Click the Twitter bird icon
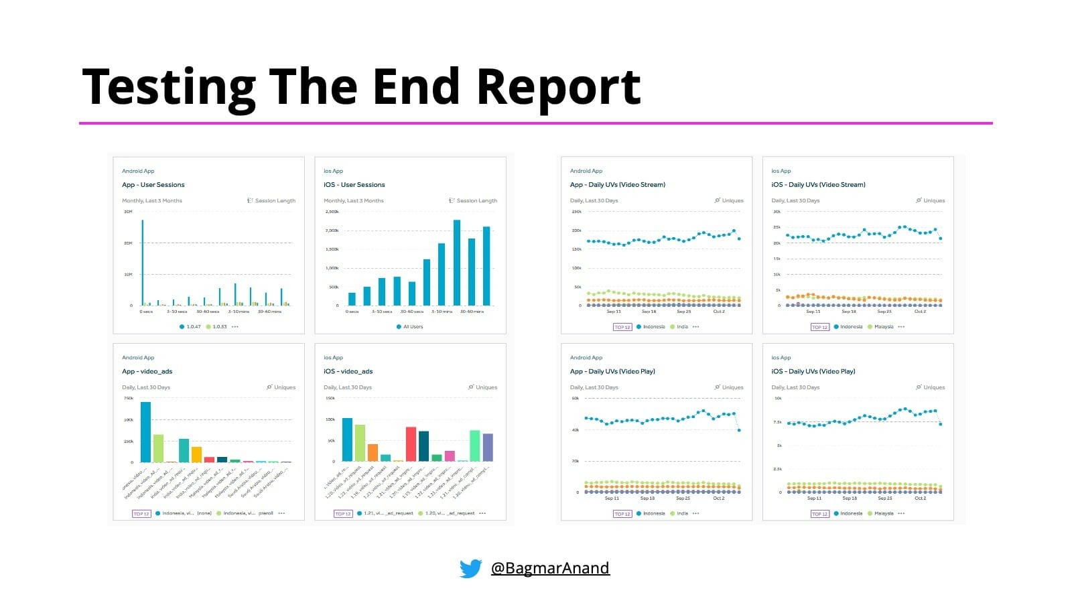coord(470,568)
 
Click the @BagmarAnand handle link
coord(550,568)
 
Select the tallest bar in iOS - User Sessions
coord(457,262)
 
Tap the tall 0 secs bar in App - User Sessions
coord(142,262)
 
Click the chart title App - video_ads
coord(147,371)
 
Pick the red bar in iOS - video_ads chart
coord(411,444)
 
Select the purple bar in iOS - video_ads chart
coord(488,447)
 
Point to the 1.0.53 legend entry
coord(219,327)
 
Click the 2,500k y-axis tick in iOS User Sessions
coord(332,212)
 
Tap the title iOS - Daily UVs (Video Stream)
coord(818,185)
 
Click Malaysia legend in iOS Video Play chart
coord(884,514)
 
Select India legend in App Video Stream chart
coord(682,327)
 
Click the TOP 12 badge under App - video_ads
coord(141,514)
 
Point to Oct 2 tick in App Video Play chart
coord(718,498)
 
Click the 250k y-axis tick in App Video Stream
coord(576,212)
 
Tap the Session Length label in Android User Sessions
coord(275,201)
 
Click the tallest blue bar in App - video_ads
coord(145,431)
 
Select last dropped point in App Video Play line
coord(739,430)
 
